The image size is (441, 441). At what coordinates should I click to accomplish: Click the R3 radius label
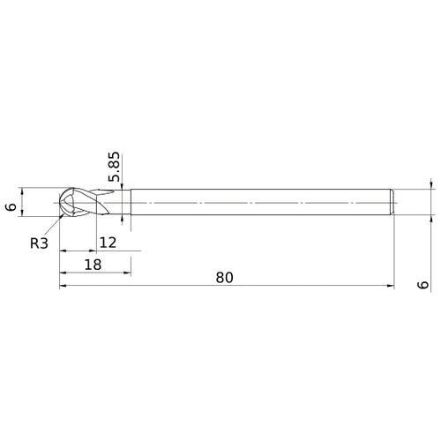coord(39,243)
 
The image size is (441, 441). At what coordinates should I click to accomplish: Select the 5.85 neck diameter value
coord(115,167)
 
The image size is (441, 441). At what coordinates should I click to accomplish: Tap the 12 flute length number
coord(108,243)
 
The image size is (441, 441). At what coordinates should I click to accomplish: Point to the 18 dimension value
coord(93,265)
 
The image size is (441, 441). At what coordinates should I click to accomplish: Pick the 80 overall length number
coord(224,278)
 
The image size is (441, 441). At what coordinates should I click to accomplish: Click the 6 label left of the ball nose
coord(11,206)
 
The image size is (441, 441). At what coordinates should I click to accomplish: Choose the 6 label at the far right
coord(423,285)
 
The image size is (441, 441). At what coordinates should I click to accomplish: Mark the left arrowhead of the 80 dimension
coord(64,286)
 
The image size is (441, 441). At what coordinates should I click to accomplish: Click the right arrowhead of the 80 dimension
coord(391,286)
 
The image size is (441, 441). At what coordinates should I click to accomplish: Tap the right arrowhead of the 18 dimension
coord(127,273)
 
